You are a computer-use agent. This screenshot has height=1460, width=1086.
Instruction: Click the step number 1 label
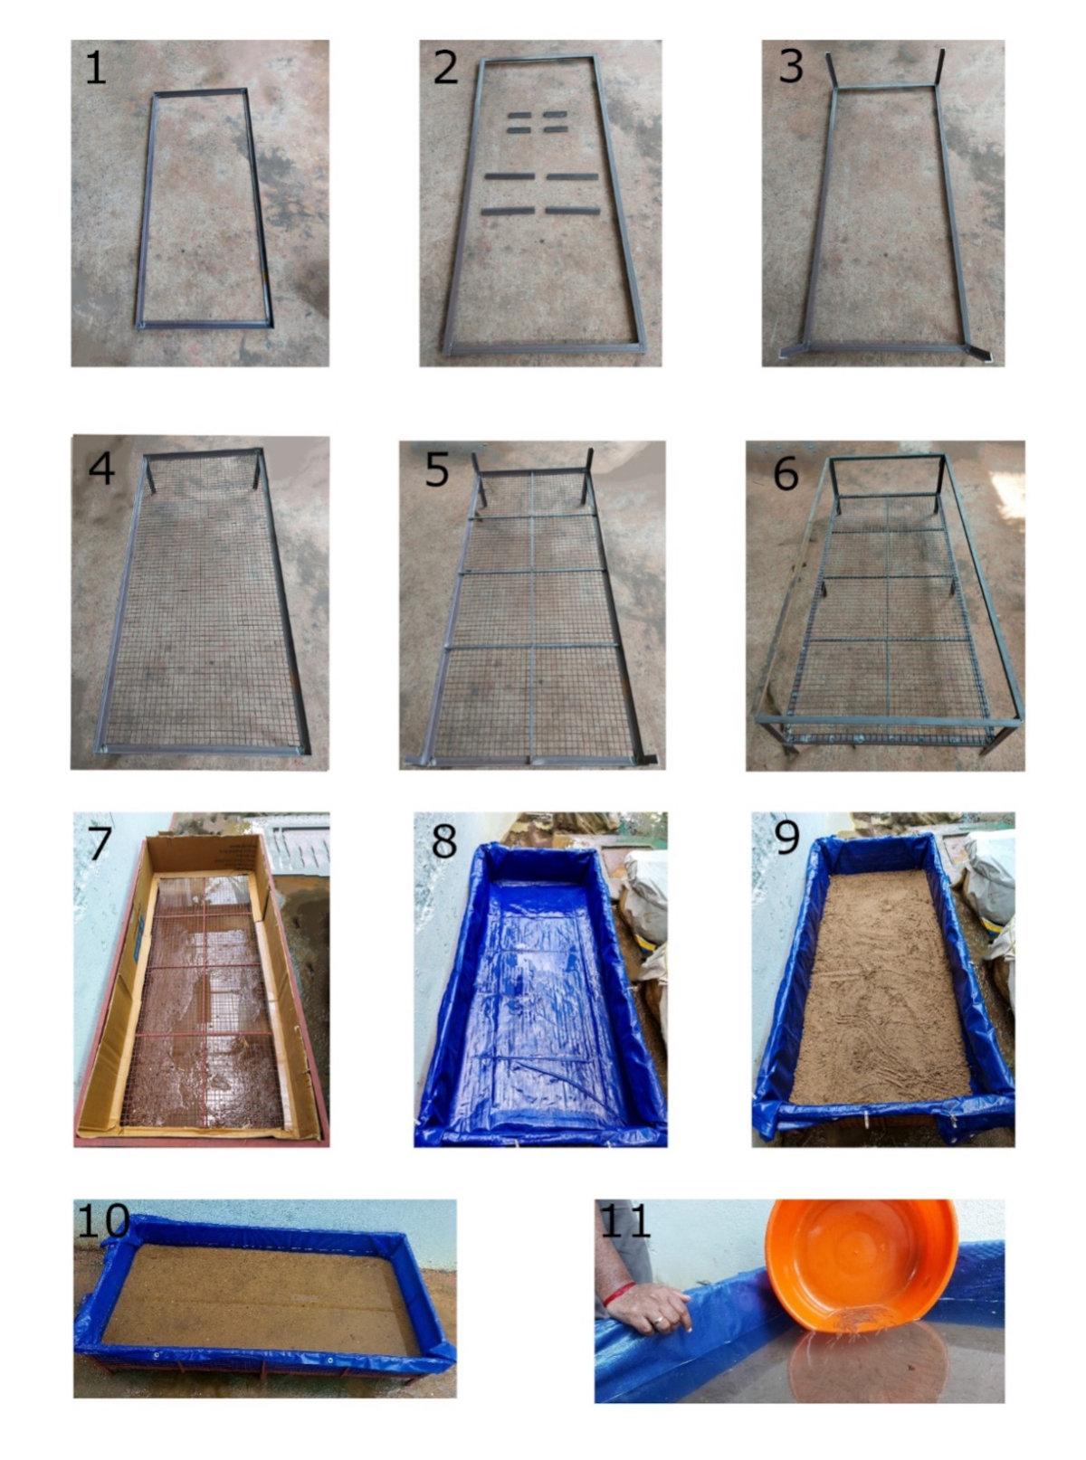point(95,69)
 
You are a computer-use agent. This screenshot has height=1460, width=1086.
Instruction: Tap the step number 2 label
point(444,69)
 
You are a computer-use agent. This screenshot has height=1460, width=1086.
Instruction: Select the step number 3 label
point(790,69)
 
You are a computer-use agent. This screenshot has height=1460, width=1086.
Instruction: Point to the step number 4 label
point(101,468)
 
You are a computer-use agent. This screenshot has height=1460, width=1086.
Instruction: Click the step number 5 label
point(437,470)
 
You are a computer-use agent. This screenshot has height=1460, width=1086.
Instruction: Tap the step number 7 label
point(97,844)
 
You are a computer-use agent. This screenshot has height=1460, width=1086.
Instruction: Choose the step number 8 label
point(443,841)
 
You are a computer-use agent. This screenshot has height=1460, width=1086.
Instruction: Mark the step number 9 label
point(786,839)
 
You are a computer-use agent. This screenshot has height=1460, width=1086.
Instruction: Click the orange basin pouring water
point(860,1266)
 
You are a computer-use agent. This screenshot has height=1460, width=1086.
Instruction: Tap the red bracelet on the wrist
point(619,1294)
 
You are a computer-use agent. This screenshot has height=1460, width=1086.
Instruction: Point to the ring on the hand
point(661,1322)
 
